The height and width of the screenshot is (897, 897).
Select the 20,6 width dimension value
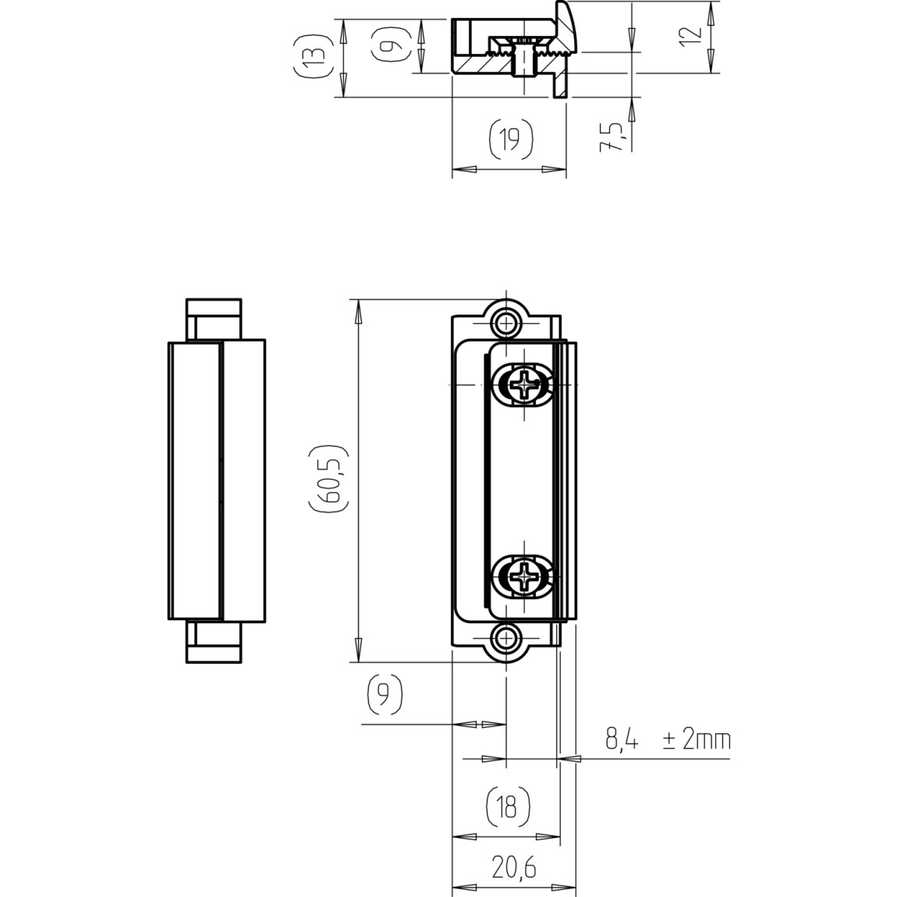click(x=512, y=867)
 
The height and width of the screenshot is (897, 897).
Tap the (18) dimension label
click(x=508, y=806)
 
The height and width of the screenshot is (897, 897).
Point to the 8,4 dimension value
click(x=622, y=739)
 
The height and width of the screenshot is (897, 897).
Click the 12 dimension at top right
click(x=690, y=37)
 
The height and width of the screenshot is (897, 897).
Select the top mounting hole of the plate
click(x=508, y=322)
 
